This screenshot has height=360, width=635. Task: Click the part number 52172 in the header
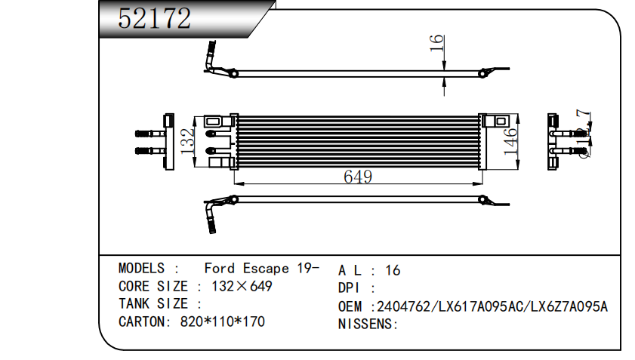(x=155, y=19)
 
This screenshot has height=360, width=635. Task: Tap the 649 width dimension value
(x=358, y=177)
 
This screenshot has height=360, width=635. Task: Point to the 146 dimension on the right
(x=512, y=141)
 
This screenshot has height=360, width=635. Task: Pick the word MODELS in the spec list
(x=141, y=269)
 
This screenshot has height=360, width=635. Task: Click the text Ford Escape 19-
(x=261, y=269)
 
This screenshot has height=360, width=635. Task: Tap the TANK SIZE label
(x=153, y=304)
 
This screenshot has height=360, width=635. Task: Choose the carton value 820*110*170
(x=222, y=322)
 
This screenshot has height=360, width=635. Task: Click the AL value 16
(x=393, y=270)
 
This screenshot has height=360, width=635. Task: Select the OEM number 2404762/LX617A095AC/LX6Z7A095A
(x=492, y=306)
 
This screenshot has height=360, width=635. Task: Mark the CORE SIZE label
(x=153, y=287)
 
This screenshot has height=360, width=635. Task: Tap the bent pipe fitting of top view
(x=211, y=59)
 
